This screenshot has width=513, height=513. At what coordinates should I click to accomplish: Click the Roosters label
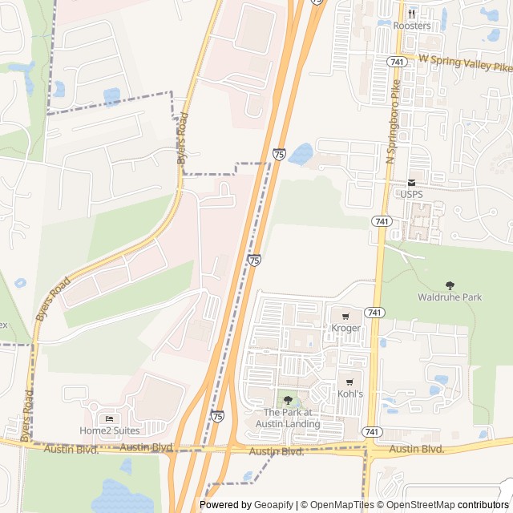(x=412, y=26)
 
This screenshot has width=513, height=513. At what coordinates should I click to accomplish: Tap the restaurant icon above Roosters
(x=412, y=13)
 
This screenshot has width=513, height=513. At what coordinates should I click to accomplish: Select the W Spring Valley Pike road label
(x=467, y=63)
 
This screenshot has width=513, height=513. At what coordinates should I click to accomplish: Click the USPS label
(x=411, y=195)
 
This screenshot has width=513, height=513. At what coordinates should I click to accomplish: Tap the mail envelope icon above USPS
(x=411, y=183)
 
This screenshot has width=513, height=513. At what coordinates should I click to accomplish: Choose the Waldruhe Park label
(x=450, y=297)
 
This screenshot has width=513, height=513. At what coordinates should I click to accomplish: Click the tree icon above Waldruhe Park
(x=450, y=285)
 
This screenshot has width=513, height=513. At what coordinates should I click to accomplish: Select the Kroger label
(x=346, y=328)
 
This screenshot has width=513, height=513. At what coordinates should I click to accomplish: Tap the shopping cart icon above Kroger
(x=345, y=316)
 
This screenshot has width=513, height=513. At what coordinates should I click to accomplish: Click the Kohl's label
(x=350, y=394)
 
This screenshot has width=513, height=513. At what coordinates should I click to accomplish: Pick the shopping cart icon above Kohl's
(x=350, y=382)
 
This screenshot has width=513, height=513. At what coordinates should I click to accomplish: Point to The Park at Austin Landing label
(x=288, y=418)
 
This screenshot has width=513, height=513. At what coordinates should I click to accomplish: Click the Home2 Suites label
(x=109, y=430)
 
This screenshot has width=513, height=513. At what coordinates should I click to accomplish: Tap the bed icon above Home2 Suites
(x=109, y=418)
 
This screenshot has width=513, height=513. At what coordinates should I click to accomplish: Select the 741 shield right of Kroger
(x=374, y=312)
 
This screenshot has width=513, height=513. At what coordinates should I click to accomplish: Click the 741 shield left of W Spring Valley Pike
(x=396, y=61)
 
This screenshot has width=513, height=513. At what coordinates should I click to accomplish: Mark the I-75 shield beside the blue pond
(x=279, y=153)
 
